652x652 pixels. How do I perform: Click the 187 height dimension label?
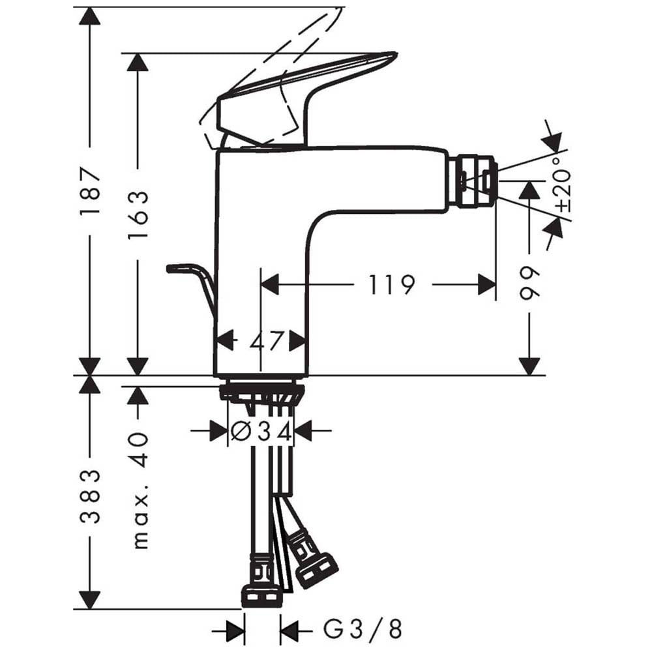[90, 191]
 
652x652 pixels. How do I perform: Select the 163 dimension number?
[138, 215]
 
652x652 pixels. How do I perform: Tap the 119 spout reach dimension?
[392, 285]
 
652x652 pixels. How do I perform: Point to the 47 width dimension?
[267, 341]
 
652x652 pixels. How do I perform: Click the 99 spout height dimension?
[529, 282]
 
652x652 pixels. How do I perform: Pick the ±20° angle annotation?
[564, 185]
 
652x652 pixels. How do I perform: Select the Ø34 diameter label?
[261, 431]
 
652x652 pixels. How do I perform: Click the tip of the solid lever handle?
[397, 53]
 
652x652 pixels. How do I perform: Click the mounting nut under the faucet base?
[261, 393]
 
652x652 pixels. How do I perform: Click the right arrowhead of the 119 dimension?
[487, 285]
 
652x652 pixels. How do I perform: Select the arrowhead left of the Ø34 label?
[218, 431]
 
